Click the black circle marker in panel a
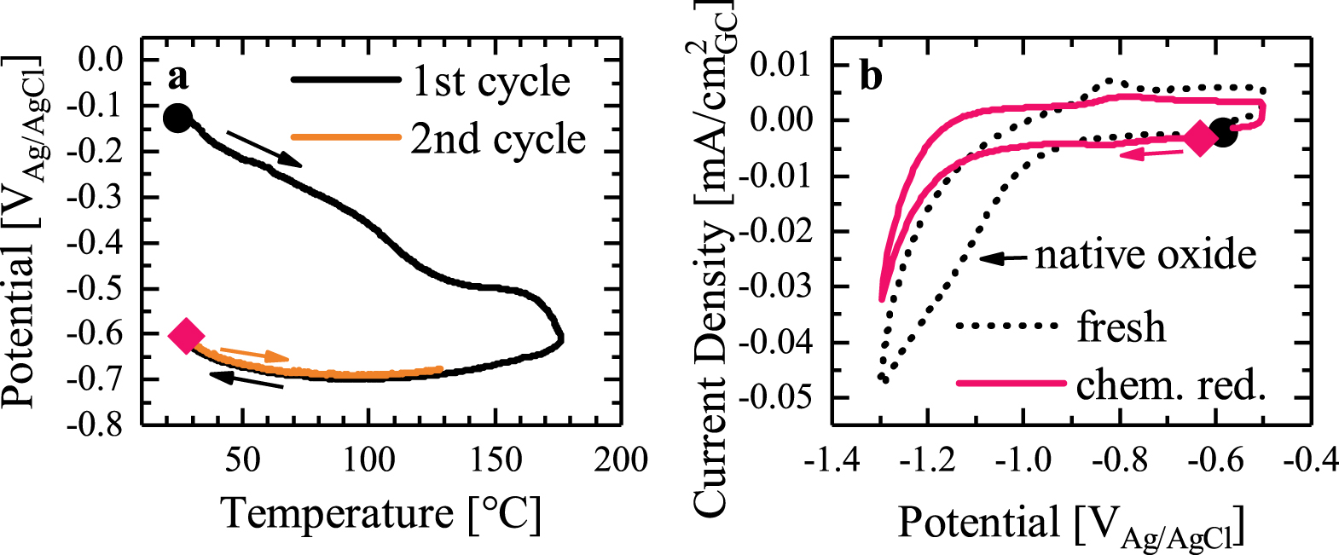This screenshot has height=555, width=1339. tap(177, 118)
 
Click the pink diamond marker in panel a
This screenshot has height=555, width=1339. tap(186, 336)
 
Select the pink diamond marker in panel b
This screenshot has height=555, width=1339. tap(1200, 138)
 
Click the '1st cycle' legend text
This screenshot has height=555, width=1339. tap(491, 82)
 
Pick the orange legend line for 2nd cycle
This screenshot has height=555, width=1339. tap(345, 137)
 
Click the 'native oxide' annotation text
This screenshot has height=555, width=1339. tap(1145, 255)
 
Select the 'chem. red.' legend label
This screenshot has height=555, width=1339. tap(1170, 385)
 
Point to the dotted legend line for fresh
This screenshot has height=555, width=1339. tap(1010, 326)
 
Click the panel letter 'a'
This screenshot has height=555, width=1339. tap(177, 77)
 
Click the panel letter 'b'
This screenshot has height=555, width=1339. tap(871, 77)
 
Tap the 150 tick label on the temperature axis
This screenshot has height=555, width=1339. tap(495, 460)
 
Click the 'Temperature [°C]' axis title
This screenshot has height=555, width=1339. tap(380, 514)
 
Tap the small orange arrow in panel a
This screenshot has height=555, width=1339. tap(254, 355)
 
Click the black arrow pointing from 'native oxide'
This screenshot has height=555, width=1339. tap(1004, 257)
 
